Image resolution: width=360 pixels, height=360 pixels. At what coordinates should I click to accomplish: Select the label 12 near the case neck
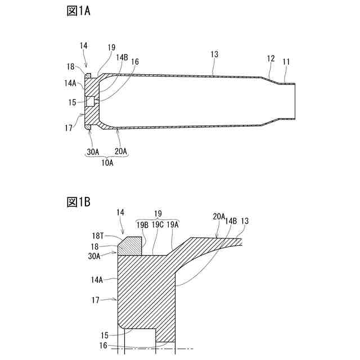click(x=271, y=58)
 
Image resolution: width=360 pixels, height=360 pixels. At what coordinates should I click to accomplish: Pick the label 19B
click(x=143, y=224)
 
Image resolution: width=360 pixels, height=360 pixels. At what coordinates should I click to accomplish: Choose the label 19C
click(x=157, y=224)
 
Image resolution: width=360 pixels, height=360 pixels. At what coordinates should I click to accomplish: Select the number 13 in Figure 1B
click(x=245, y=221)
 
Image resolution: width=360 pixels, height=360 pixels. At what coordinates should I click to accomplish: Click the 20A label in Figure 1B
click(x=219, y=216)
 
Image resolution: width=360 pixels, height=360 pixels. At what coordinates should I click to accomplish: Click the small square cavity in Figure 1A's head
click(x=90, y=102)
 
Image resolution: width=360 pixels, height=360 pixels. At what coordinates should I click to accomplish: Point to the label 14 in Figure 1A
click(x=84, y=44)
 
